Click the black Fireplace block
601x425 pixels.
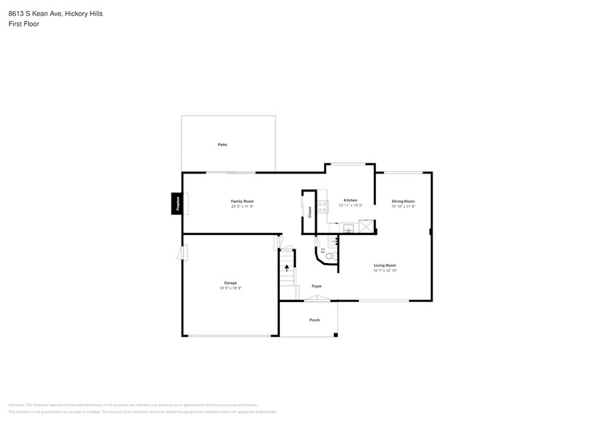coord(176,204)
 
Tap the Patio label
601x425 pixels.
coord(223,145)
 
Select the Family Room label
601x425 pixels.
coord(242,201)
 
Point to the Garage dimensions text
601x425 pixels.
coord(230,288)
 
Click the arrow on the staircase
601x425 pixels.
coord(287,267)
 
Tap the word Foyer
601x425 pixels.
coord(317,286)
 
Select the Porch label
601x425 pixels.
coord(315,319)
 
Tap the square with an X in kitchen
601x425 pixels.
coord(368,227)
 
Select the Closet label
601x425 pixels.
coord(310,212)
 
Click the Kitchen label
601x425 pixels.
coord(350,200)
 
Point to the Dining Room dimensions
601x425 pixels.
coord(403,207)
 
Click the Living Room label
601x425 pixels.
coord(385,265)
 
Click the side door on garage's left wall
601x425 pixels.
coord(184,252)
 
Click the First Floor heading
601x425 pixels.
coord(24,24)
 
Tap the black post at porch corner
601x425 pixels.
coord(336,335)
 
